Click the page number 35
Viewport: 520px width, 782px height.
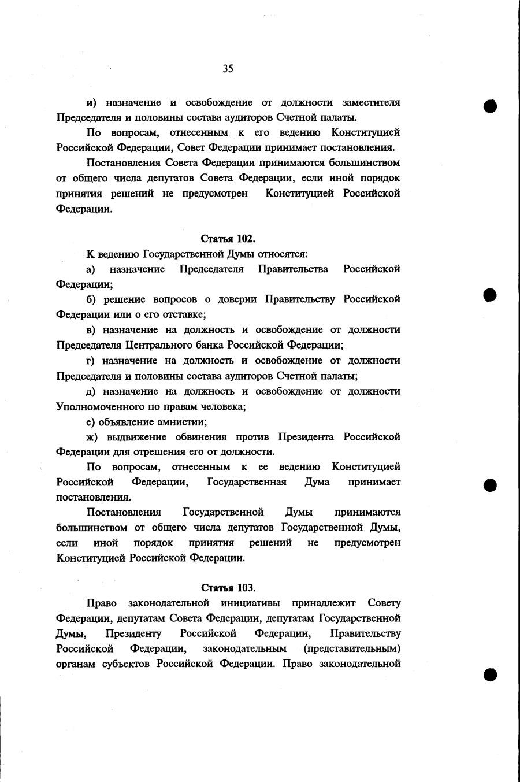pos(228,69)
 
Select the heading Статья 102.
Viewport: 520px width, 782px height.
pos(228,238)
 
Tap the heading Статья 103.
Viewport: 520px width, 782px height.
pos(228,588)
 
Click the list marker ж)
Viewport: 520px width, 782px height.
pos(92,437)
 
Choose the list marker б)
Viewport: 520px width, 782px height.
pos(91,299)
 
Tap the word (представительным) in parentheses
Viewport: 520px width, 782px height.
pos(352,648)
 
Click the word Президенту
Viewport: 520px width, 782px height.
pos(133,633)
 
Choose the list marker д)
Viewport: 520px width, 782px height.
pos(91,391)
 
